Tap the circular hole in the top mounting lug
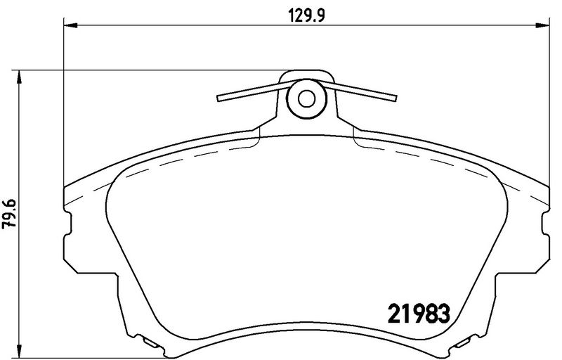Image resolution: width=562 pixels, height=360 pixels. (306, 98)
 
